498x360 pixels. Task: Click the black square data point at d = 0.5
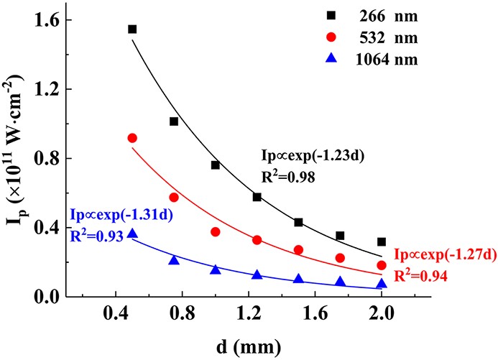coord(132,29)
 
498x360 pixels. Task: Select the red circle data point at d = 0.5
coord(132,138)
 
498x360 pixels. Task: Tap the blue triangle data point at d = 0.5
coord(132,234)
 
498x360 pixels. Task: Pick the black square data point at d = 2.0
coord(382,242)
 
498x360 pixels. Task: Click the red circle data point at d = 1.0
coord(216,231)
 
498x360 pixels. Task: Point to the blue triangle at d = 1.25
coord(257,274)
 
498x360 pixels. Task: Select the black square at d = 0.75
coord(174,121)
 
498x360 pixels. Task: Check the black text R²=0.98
coord(286,174)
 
